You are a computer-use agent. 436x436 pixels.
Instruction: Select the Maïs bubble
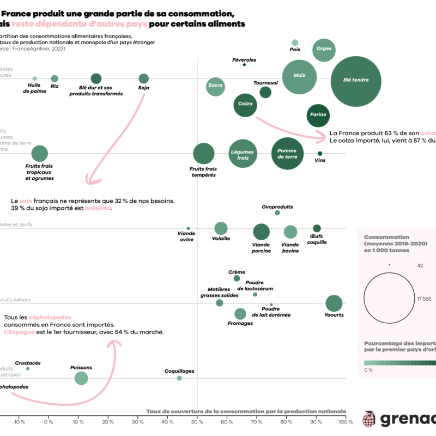pyautogui.click(x=300, y=77)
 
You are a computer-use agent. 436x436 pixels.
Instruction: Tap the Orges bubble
pyautogui.click(x=323, y=49)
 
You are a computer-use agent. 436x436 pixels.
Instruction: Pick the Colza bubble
pyautogui.click(x=245, y=104)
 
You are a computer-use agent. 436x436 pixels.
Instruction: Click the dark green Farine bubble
pyautogui.click(x=318, y=115)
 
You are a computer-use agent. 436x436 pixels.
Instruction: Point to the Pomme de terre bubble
pyautogui.click(x=287, y=154)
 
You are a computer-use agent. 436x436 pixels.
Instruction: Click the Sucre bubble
pyautogui.click(x=215, y=86)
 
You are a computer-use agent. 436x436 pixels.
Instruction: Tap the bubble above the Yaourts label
pyautogui.click(x=334, y=304)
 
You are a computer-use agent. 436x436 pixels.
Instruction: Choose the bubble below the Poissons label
pyautogui.click(x=81, y=378)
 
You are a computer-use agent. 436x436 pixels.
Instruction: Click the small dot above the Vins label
pyautogui.click(x=320, y=154)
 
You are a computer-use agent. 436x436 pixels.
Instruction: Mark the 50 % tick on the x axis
pyautogui.click(x=197, y=421)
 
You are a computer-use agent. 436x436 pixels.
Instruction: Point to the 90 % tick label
pyautogui.click(x=316, y=421)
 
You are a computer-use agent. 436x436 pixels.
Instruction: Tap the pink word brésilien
pyautogui.click(x=98, y=208)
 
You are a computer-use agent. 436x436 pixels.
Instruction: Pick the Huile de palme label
pyautogui.click(x=34, y=88)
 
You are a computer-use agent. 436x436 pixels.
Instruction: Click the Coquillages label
pyautogui.click(x=179, y=371)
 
